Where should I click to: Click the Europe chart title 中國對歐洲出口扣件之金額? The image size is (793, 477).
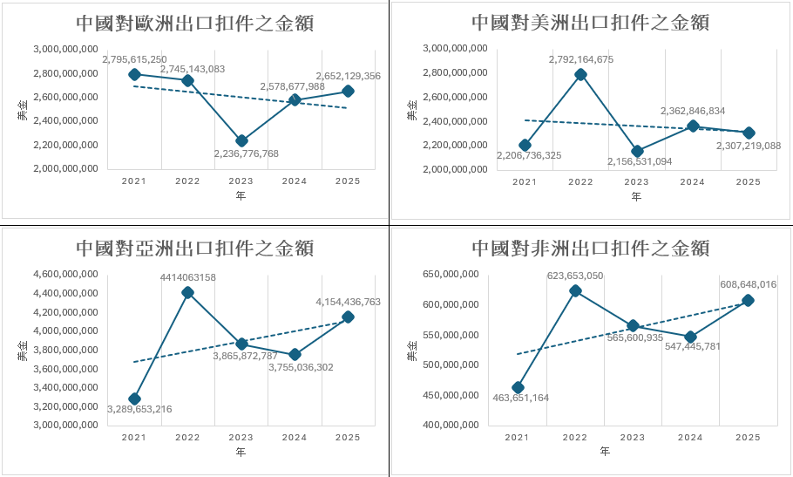click(x=194, y=23)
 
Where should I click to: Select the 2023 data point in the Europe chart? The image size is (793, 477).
click(x=241, y=140)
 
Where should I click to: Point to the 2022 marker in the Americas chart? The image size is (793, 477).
click(x=580, y=74)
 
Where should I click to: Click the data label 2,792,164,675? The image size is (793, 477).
click(x=581, y=59)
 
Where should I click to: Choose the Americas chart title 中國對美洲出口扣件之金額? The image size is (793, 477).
click(x=590, y=23)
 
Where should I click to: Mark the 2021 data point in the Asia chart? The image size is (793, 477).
click(x=134, y=399)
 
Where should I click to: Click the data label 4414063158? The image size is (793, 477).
click(x=187, y=277)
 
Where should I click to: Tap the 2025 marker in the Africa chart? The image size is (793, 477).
click(x=748, y=300)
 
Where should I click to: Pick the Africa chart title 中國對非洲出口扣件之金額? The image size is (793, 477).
click(x=590, y=248)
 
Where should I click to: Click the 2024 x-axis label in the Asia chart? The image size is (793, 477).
click(x=295, y=437)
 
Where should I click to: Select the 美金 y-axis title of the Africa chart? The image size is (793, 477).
click(x=412, y=351)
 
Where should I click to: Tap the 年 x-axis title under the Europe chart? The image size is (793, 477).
click(x=241, y=196)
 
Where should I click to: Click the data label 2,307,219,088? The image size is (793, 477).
click(x=748, y=146)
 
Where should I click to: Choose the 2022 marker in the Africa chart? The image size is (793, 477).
click(x=575, y=290)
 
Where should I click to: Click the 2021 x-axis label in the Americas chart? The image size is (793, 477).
click(x=525, y=181)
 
